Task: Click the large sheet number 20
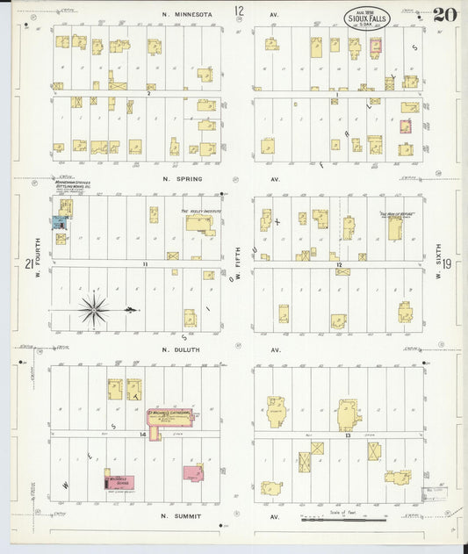[444, 14]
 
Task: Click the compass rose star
[93, 309]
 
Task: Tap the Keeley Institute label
[198, 212]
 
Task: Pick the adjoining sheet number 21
[30, 264]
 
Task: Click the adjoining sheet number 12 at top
[239, 11]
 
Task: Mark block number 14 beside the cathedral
[141, 435]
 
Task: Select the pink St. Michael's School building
[193, 472]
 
